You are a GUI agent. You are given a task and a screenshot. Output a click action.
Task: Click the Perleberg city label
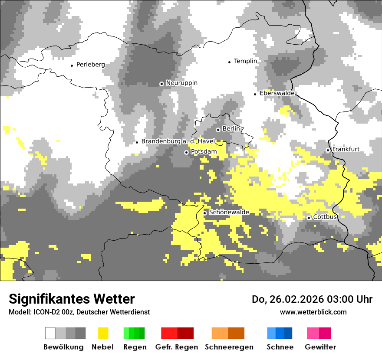(90, 65)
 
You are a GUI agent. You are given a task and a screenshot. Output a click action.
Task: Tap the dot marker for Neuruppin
(161, 84)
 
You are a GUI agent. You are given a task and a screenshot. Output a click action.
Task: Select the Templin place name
(245, 61)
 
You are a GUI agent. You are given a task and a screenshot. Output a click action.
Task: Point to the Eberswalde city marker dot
(255, 94)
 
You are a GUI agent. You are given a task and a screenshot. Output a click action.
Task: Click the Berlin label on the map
(231, 129)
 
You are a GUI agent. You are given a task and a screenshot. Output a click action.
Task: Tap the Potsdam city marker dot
(186, 152)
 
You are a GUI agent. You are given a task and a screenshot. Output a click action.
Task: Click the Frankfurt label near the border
(346, 149)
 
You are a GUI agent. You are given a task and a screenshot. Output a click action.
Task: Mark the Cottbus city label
(325, 216)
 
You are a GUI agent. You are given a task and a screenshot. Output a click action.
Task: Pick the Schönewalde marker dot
(205, 213)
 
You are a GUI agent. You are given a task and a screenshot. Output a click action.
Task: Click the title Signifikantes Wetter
(72, 299)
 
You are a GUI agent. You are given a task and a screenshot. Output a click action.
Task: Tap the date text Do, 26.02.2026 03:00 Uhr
(312, 299)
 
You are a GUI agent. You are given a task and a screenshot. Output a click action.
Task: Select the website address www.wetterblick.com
(313, 312)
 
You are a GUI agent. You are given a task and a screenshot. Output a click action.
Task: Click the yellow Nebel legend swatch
(103, 333)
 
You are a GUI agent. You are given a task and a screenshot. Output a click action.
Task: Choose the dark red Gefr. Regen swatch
(185, 333)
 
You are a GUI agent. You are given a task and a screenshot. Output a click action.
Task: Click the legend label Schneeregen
(229, 347)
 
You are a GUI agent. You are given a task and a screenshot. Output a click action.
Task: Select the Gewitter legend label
(320, 347)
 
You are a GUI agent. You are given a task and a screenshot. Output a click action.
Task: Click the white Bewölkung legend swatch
(50, 333)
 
